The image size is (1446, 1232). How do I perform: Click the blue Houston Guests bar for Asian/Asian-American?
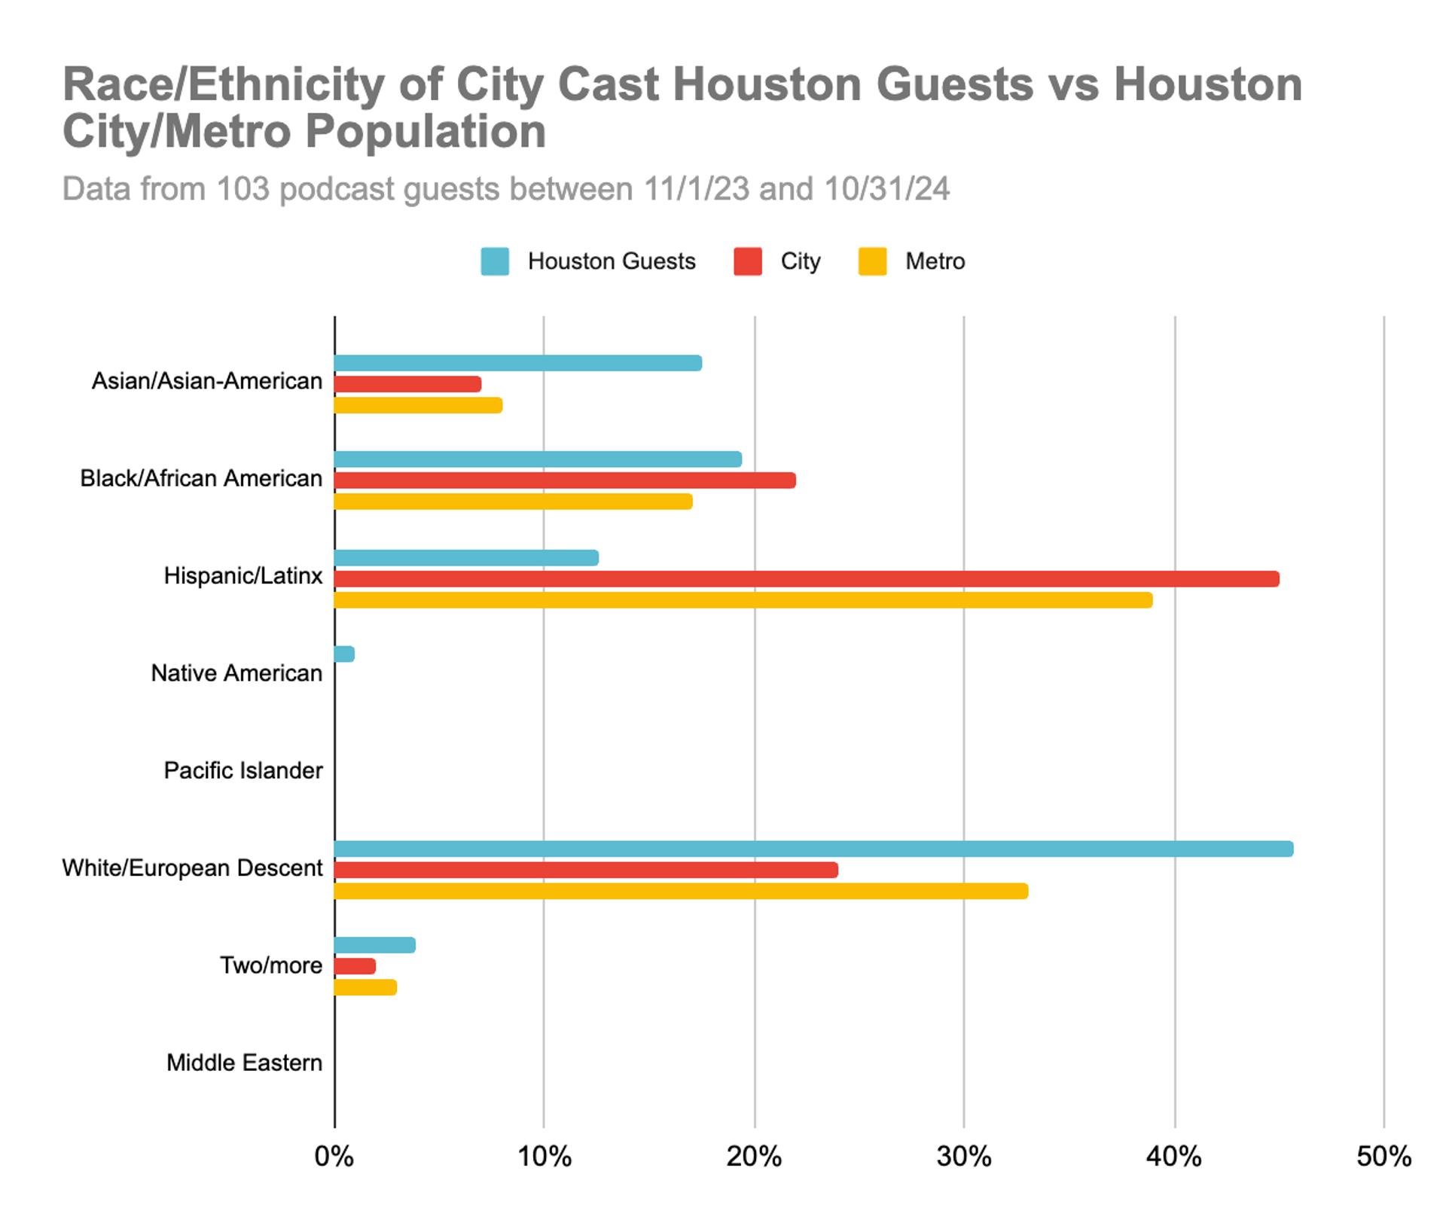[x=518, y=363]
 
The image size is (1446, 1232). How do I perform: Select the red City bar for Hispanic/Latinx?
[x=806, y=579]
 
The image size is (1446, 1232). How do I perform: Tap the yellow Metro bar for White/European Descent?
[x=681, y=892]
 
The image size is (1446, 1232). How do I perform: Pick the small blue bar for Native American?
[x=344, y=654]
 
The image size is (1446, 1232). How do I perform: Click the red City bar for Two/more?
[x=355, y=966]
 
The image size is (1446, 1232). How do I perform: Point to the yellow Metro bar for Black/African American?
[x=513, y=502]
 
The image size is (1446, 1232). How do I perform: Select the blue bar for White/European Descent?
[x=813, y=849]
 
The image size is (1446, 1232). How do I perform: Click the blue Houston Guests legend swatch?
[x=495, y=261]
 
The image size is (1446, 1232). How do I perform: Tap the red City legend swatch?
[x=747, y=261]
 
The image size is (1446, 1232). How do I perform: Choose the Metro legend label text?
[x=935, y=261]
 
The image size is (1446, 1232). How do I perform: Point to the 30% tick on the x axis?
[x=963, y=1156]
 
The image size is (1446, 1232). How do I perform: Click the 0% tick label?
[x=334, y=1156]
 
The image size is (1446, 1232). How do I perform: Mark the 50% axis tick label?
[x=1383, y=1156]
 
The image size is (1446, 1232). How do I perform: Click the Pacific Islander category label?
[x=243, y=770]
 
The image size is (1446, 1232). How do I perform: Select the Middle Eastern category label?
[x=244, y=1063]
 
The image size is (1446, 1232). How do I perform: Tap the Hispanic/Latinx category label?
[x=243, y=576]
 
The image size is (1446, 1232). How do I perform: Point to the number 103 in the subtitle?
[x=243, y=189]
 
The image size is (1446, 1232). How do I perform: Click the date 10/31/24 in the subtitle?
[x=886, y=189]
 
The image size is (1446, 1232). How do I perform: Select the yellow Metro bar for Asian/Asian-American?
[x=418, y=405]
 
